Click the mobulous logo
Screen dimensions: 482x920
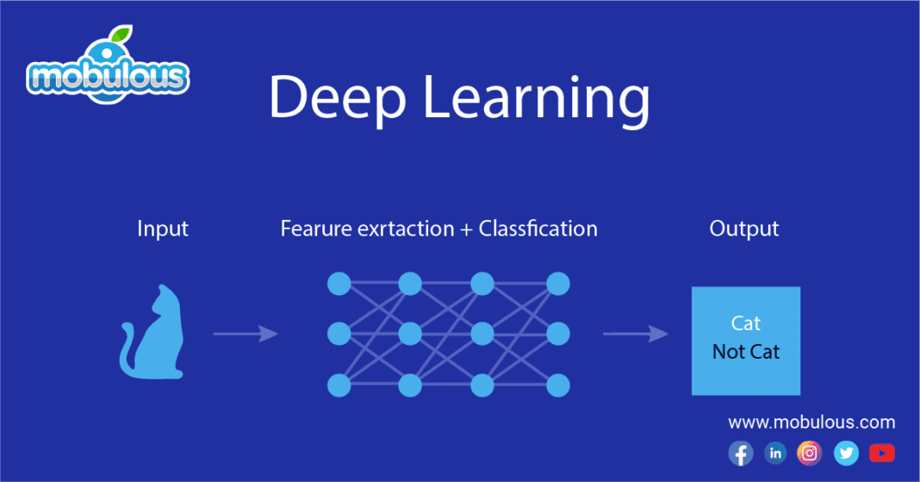107,72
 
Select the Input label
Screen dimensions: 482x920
162,229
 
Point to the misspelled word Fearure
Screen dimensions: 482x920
314,229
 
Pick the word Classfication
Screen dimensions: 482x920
538,229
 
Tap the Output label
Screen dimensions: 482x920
744,229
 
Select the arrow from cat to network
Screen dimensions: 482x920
246,334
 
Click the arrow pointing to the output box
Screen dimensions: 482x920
635,334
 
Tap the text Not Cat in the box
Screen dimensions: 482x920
746,352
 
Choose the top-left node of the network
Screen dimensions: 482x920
338,283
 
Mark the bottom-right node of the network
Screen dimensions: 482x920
558,385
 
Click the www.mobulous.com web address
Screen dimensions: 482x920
811,423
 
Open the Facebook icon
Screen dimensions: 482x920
740,453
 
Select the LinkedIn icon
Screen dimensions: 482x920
775,453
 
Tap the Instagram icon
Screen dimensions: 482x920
810,453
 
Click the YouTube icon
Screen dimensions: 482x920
881,453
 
